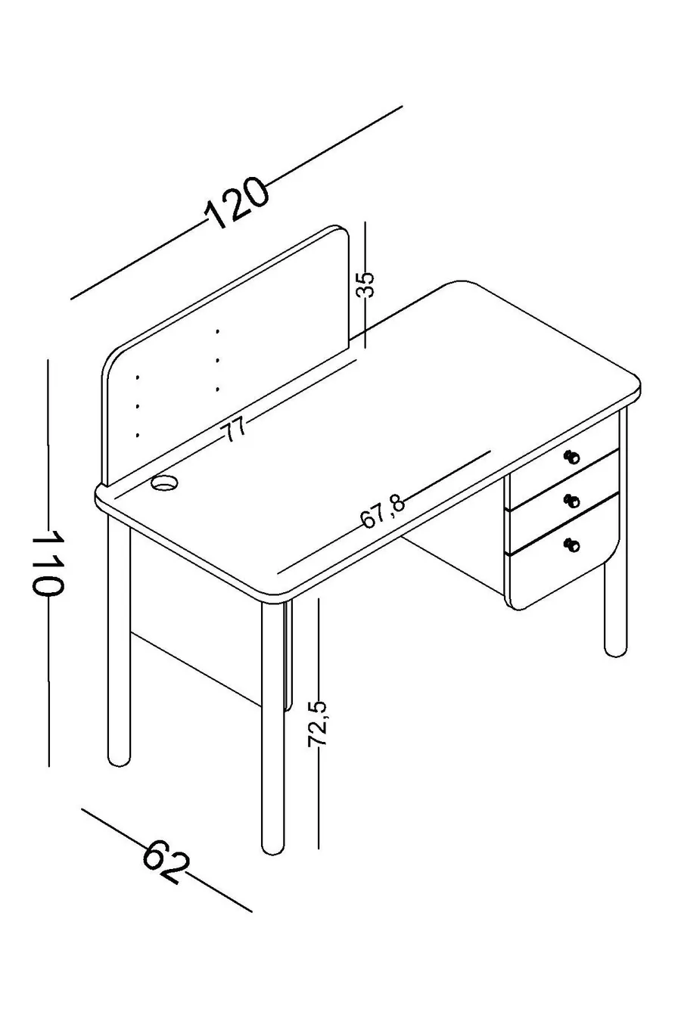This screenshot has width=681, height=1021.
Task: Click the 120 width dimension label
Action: (x=236, y=203)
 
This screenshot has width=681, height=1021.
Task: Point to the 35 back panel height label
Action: (x=365, y=285)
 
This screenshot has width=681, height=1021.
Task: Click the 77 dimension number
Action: (x=234, y=430)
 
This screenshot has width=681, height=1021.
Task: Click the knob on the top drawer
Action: (x=571, y=456)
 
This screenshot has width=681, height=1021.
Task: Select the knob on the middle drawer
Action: (x=572, y=501)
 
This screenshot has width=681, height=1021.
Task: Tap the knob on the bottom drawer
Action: (x=571, y=545)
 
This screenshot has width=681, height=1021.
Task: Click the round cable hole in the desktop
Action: (x=164, y=483)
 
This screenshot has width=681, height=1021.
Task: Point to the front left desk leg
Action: (x=272, y=728)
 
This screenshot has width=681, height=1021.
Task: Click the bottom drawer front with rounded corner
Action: (x=564, y=563)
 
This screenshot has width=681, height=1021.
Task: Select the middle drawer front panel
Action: (x=564, y=501)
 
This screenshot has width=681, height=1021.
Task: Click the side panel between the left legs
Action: (x=196, y=616)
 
